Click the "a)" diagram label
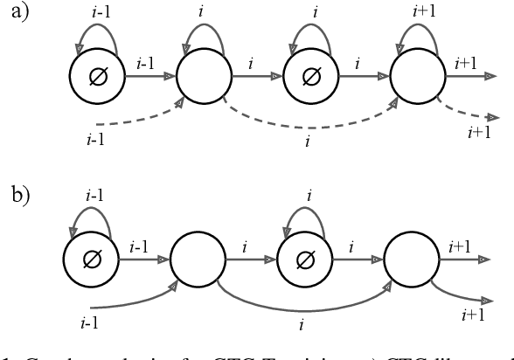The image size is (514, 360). tap(17, 16)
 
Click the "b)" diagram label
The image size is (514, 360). tap(18, 194)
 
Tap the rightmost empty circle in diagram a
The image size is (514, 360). tap(418, 77)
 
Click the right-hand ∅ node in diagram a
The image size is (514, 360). tap(310, 77)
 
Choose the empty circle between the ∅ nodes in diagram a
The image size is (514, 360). tap(204, 77)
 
